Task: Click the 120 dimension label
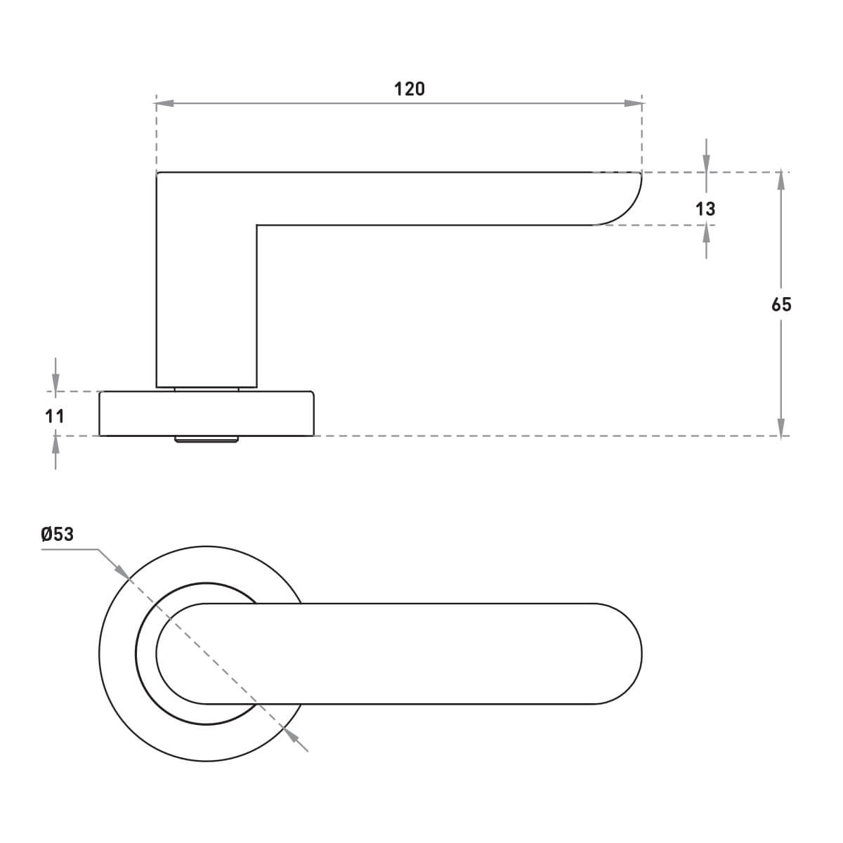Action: pos(409,89)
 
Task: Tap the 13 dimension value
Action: pos(705,209)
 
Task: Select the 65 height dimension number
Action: pos(781,304)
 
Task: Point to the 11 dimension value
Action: pos(55,416)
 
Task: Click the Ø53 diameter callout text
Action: pos(58,534)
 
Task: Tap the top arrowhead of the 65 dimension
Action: pos(781,181)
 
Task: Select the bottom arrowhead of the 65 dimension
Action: pos(781,427)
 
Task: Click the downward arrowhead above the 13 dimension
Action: pos(706,164)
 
